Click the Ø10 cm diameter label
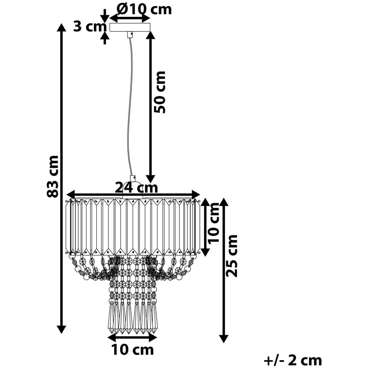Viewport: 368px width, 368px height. point(144,9)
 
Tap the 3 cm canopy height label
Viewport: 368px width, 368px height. point(90,27)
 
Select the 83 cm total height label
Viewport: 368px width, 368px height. point(52,176)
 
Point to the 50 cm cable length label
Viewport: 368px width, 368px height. point(160,92)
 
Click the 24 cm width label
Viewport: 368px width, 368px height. point(137,188)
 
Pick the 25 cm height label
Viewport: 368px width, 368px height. point(231,256)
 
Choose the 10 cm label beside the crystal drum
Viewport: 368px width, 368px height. point(213,223)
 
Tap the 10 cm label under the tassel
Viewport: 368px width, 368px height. point(132,350)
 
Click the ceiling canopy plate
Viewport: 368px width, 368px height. point(130,27)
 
